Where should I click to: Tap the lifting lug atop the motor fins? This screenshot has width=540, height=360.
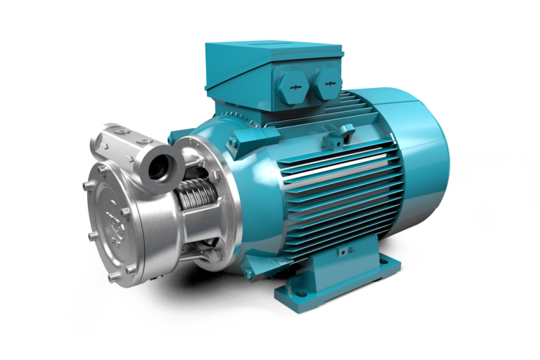coord(345,131)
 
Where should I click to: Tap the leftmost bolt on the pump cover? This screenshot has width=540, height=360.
coord(85,186)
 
